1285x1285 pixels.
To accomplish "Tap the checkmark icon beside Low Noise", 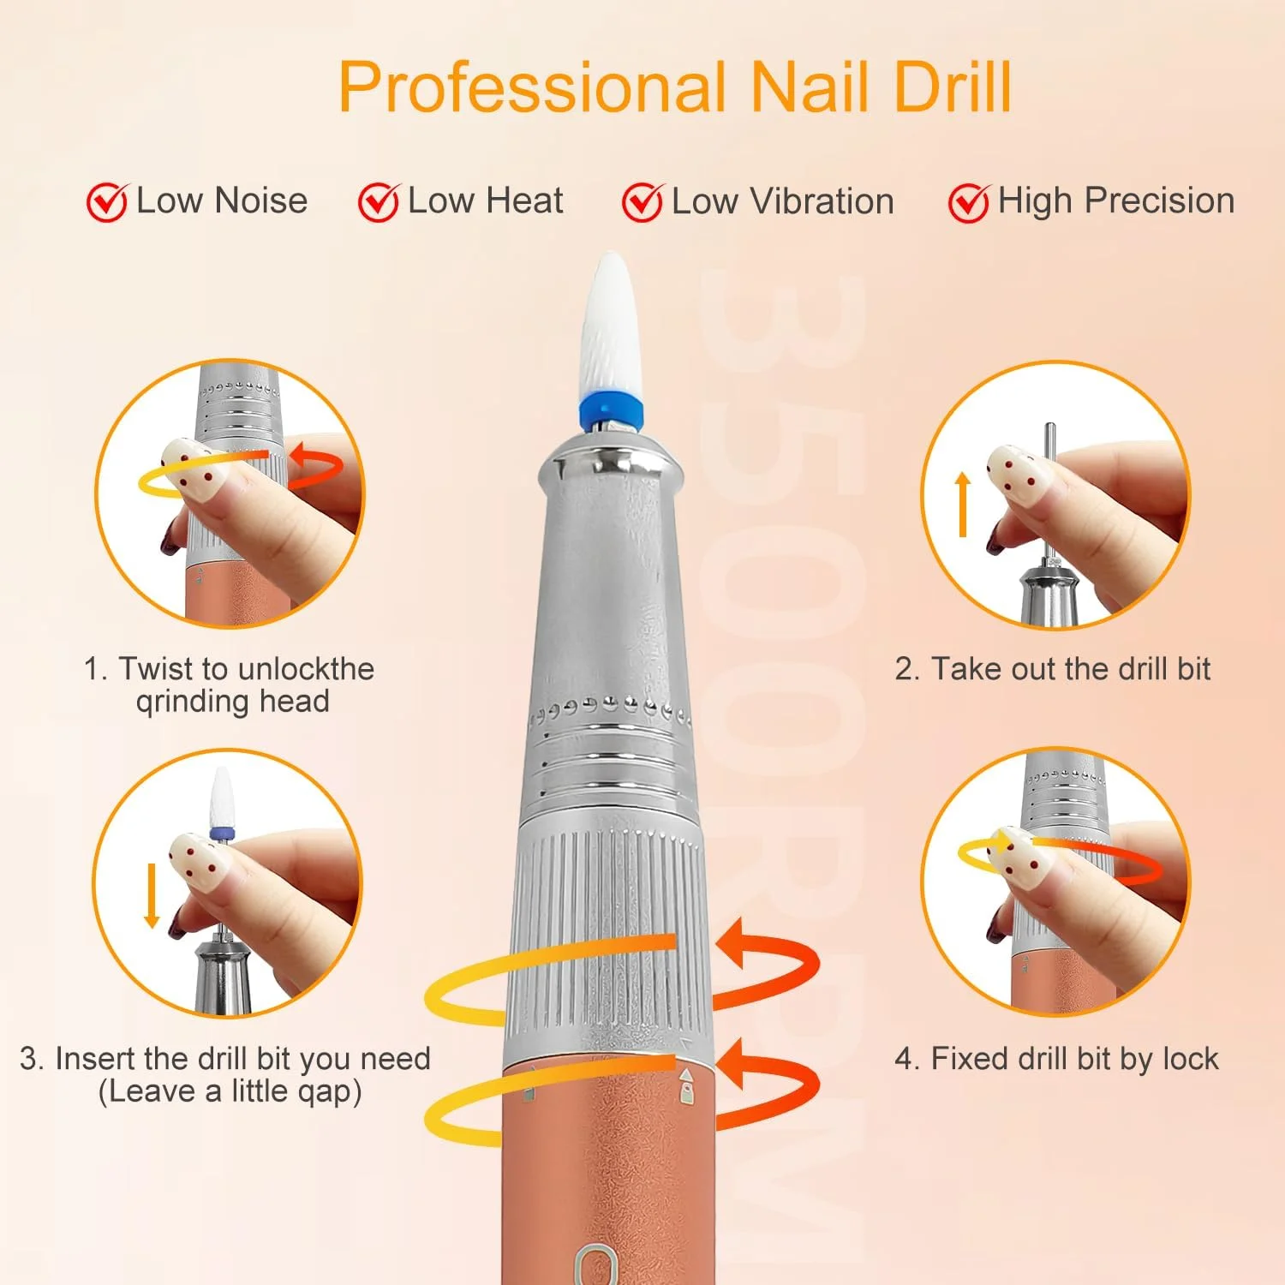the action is click(x=108, y=203).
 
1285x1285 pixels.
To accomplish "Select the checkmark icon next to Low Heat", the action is click(x=379, y=203).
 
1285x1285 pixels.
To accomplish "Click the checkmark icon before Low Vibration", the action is click(x=642, y=203).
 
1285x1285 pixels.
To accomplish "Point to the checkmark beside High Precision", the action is click(x=969, y=203).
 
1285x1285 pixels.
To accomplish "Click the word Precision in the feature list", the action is click(x=1159, y=200).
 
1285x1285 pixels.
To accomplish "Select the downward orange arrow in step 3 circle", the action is click(x=152, y=895).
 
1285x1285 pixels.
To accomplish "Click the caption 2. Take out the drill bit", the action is click(x=1052, y=668).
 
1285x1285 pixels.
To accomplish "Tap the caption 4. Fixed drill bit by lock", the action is click(x=1056, y=1059).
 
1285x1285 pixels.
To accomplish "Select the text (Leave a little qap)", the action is click(x=230, y=1091).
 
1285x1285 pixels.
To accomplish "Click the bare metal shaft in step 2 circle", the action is click(x=1050, y=497).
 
